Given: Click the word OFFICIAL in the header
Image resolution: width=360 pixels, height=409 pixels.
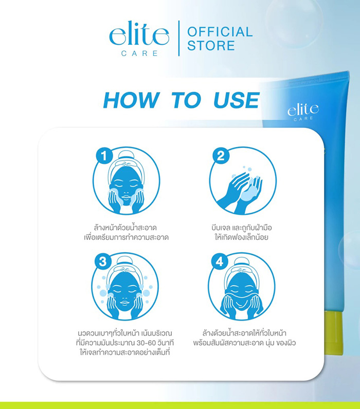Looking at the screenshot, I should pos(220,32).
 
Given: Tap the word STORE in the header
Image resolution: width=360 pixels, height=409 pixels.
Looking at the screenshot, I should pos(211,45).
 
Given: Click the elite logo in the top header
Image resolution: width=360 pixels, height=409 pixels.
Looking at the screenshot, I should pos(139,36).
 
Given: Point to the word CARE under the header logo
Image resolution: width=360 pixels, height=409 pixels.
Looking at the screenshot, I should pos(139,53).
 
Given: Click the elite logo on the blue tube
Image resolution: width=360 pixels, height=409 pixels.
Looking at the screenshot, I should pos(303,110).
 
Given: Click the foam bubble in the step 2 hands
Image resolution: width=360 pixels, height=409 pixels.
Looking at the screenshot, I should pos(250,191).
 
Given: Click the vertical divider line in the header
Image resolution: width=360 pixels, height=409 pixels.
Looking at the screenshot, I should pos(178,39).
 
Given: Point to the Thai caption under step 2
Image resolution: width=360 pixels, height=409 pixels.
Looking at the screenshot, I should pos(242,233).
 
